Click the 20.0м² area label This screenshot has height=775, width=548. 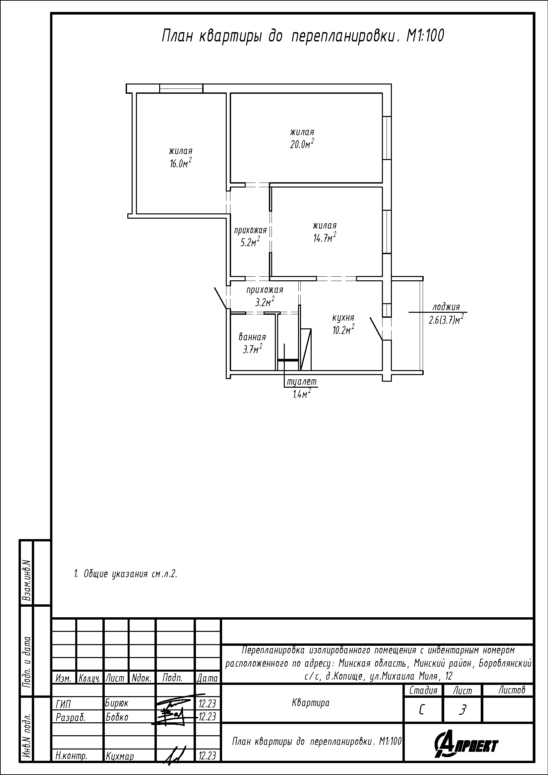(x=302, y=144)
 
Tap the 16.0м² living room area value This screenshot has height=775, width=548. (x=181, y=163)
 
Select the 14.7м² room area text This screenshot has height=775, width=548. (x=325, y=238)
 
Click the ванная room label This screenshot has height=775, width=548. (x=252, y=337)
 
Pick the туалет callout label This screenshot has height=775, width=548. (x=302, y=382)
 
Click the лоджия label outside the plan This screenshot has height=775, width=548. (x=446, y=307)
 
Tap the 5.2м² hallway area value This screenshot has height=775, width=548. (x=250, y=242)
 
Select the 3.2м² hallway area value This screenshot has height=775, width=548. (x=264, y=302)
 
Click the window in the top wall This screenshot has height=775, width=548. (x=181, y=88)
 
